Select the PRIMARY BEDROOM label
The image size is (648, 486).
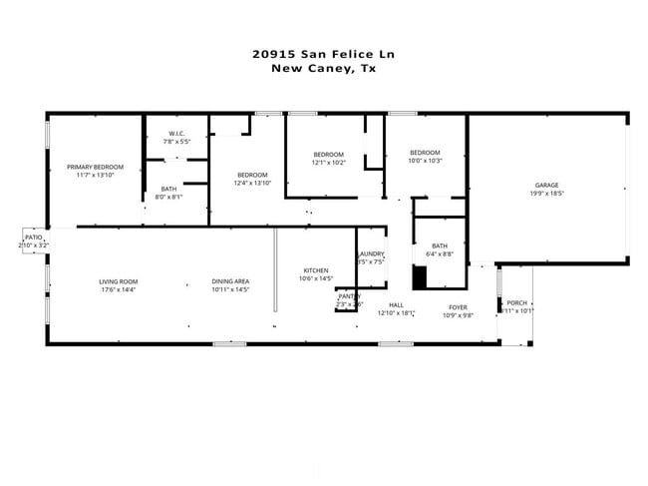tap(95, 167)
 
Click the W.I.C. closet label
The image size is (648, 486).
tap(176, 133)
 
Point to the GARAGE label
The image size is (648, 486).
tap(546, 185)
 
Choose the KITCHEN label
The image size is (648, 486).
tap(316, 271)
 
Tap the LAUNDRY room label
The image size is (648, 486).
tap(371, 254)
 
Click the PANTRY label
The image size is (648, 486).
tap(348, 295)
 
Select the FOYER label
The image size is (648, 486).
tap(458, 307)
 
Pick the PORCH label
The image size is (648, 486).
tap(516, 302)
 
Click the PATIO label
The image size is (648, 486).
tap(33, 238)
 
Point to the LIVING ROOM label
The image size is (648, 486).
tap(118, 281)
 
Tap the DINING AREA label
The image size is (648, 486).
tap(230, 281)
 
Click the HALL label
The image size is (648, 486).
tap(396, 305)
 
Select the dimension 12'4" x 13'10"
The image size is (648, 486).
tap(252, 183)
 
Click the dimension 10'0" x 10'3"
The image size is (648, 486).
tap(425, 161)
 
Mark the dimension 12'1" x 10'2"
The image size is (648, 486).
tap(328, 162)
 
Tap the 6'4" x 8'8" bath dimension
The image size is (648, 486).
tap(440, 253)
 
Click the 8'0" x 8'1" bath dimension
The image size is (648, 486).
tap(168, 197)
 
